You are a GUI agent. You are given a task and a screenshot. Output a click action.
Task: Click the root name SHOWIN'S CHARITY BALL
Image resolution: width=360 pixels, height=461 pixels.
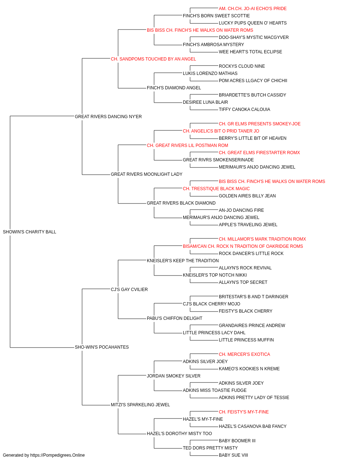30,232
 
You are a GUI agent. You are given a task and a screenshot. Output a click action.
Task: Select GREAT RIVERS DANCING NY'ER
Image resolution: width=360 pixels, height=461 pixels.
108,117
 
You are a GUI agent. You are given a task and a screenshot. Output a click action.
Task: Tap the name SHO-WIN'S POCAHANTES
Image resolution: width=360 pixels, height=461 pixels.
102,347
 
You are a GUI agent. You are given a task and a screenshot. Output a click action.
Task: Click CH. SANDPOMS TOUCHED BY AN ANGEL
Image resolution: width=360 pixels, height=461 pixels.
153,59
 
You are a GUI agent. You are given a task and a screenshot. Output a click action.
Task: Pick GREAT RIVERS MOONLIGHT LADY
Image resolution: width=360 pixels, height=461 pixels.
147,174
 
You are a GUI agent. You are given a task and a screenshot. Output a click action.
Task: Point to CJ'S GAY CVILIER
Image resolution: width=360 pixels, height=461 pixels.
129,290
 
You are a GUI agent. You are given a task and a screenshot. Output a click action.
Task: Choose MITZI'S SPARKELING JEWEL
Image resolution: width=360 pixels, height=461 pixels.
140,405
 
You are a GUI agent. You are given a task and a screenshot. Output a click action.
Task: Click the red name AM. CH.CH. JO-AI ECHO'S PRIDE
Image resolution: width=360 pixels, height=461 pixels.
253,9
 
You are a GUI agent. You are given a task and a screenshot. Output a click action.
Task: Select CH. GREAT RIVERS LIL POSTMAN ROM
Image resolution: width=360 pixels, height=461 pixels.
188,146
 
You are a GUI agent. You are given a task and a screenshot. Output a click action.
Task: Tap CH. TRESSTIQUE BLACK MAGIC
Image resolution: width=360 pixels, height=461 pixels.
216,189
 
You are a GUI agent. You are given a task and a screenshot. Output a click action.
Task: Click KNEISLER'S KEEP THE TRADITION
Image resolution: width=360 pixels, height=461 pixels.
183,261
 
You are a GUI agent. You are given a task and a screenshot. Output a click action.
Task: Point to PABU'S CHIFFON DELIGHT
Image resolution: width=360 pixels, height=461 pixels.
175,318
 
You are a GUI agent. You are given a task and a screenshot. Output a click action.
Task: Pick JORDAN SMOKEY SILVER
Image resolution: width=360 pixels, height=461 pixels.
174,376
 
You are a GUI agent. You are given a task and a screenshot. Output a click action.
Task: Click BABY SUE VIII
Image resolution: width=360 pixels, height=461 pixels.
233,455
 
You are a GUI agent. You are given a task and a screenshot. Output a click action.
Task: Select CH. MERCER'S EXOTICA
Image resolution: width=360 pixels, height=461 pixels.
244,354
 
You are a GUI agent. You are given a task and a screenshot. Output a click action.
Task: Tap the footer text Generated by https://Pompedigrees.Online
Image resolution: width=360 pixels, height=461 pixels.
44,455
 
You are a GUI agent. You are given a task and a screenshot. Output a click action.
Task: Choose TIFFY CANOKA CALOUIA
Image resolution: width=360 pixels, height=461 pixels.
244,109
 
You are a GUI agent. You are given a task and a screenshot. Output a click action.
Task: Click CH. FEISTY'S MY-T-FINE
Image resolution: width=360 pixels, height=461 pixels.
244,412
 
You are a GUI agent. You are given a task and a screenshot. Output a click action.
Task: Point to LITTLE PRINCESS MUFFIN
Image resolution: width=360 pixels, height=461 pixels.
246,340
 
